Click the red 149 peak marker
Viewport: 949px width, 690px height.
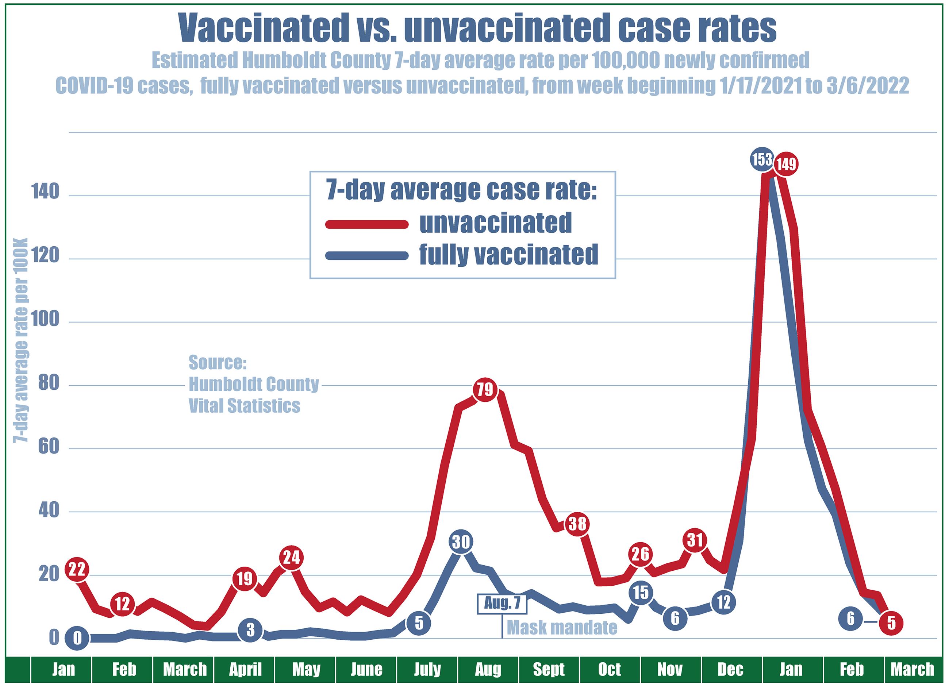(x=786, y=164)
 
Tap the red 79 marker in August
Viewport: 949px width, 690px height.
(x=485, y=390)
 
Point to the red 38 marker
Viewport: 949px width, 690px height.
(x=577, y=524)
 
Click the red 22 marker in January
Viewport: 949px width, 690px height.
(x=77, y=569)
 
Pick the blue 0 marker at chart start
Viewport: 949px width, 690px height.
(x=77, y=638)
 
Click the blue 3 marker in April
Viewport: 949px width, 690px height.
(x=250, y=629)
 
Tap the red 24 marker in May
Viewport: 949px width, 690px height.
(x=291, y=558)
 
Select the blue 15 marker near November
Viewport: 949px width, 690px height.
(x=641, y=592)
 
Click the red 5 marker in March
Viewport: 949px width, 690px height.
(x=891, y=624)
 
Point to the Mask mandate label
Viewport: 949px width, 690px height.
(x=562, y=627)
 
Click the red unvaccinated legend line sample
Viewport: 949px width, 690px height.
(x=366, y=224)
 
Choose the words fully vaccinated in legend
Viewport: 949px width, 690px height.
(x=508, y=255)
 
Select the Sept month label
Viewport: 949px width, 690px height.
(x=549, y=670)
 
